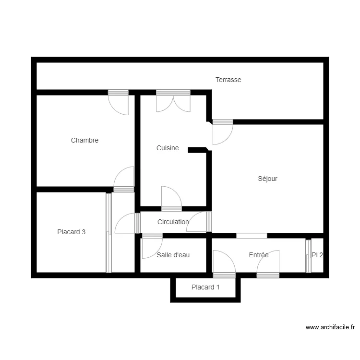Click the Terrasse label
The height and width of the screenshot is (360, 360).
228,80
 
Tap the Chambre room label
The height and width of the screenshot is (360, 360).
84,140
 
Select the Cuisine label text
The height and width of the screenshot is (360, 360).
168,148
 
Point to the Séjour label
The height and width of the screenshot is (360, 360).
267,179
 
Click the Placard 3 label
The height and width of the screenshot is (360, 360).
71,232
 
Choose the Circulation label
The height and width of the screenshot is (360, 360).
173,222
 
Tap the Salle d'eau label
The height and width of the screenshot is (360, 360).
173,255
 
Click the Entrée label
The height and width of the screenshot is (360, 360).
258,255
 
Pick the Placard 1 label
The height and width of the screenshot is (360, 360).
205,288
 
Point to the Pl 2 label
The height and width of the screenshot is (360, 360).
317,255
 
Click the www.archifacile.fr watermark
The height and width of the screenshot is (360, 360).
330,327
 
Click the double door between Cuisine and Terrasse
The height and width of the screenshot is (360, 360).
173,101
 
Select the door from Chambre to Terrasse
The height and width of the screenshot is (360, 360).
118,102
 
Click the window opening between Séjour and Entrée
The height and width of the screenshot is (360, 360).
252,236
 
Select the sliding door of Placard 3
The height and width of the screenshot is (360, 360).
108,233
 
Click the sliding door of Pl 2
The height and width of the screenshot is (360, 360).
308,256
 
